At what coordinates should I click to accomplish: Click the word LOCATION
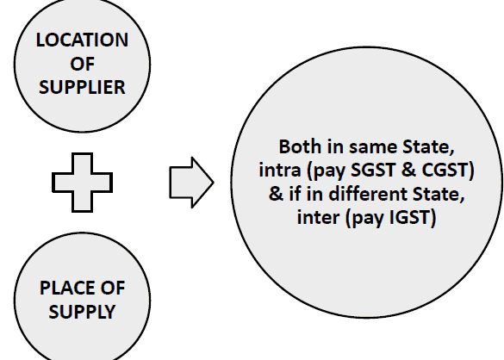(82, 40)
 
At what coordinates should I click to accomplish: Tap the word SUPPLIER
(82, 87)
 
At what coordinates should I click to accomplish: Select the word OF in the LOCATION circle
(83, 64)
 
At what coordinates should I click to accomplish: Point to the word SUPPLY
(82, 312)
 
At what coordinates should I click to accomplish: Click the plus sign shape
(83, 183)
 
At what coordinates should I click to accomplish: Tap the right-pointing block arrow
(191, 183)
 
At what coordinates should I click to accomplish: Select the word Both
(300, 146)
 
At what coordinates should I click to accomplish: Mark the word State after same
(428, 146)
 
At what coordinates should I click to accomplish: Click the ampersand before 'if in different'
(276, 194)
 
